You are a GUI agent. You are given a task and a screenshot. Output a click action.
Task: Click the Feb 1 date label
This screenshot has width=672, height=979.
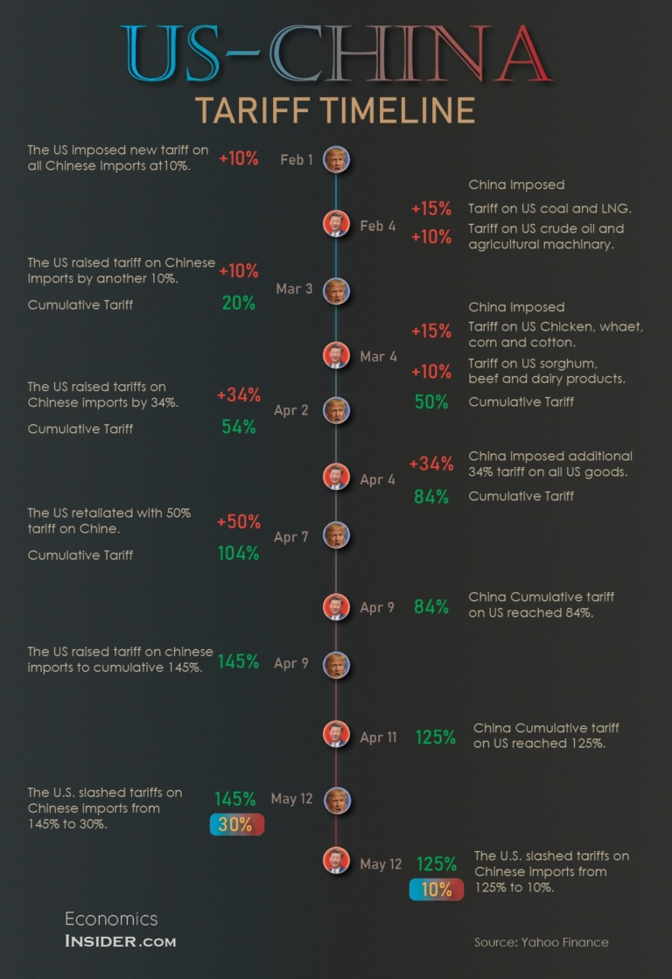pyautogui.click(x=297, y=159)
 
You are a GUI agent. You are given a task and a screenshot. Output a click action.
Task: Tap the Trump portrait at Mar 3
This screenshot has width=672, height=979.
pyautogui.click(x=336, y=291)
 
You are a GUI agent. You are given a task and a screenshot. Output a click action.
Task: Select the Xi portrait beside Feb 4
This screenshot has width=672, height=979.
pyautogui.click(x=336, y=224)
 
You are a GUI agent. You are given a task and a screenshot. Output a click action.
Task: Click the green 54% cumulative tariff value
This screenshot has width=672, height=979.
pyautogui.click(x=238, y=427)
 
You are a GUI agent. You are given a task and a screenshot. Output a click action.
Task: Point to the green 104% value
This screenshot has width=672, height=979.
pyautogui.click(x=238, y=553)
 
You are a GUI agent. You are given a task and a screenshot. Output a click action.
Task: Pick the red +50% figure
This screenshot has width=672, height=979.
pyautogui.click(x=239, y=521)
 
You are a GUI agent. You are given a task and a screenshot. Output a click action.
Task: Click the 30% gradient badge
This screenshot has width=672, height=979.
pyautogui.click(x=236, y=824)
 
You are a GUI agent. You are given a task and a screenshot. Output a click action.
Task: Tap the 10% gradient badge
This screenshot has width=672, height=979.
pyautogui.click(x=436, y=890)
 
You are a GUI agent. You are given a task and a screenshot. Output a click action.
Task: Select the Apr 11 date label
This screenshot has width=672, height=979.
pyautogui.click(x=378, y=738)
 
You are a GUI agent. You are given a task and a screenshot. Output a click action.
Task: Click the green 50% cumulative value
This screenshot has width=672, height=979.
pyautogui.click(x=431, y=402)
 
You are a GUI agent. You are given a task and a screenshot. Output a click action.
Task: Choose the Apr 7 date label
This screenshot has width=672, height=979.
pyautogui.click(x=291, y=537)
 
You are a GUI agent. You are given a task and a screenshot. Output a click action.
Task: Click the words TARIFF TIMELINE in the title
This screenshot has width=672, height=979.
pyautogui.click(x=335, y=110)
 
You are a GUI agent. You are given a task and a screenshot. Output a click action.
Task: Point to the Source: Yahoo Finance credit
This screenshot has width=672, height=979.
pyautogui.click(x=541, y=942)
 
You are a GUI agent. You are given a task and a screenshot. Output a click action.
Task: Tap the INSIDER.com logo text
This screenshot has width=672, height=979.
pyautogui.click(x=120, y=941)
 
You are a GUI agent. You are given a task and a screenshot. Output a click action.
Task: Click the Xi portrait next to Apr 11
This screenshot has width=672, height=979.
pyautogui.click(x=336, y=734)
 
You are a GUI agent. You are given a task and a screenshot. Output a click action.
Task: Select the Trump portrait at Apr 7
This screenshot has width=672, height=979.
pyautogui.click(x=336, y=535)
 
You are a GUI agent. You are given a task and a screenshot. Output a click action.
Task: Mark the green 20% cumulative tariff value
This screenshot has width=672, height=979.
pyautogui.click(x=238, y=303)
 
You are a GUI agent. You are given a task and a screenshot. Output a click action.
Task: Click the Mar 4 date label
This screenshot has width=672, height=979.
pyautogui.click(x=378, y=357)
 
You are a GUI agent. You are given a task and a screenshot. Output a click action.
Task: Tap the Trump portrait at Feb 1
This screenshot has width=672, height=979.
pyautogui.click(x=336, y=159)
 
